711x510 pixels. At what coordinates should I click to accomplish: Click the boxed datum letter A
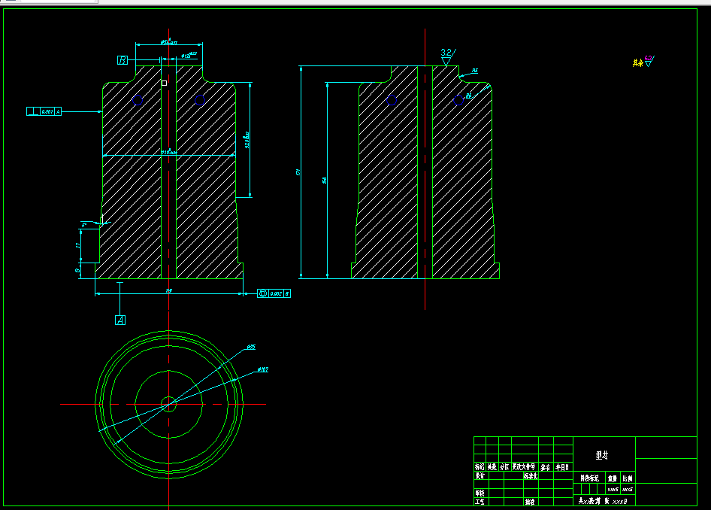[120, 320]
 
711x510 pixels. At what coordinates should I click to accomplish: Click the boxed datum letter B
[123, 59]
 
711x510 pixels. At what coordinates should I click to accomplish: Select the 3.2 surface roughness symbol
[446, 55]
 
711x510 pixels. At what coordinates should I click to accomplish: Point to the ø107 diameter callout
[263, 369]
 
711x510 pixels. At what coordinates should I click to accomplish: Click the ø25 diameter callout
[251, 348]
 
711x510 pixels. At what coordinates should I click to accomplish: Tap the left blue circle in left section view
[137, 99]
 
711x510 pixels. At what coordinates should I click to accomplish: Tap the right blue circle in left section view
[200, 99]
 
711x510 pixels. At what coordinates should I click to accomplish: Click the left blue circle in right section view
[391, 99]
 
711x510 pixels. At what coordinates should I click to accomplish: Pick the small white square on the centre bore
[164, 82]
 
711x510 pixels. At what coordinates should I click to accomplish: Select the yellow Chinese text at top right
[638, 62]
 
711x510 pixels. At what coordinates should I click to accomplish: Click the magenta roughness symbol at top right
[649, 59]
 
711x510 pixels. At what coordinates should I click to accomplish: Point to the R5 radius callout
[474, 71]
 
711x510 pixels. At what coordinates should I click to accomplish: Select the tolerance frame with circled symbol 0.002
[274, 293]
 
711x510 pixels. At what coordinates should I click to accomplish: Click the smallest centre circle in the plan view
[169, 404]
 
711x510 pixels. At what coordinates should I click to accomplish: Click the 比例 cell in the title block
[627, 478]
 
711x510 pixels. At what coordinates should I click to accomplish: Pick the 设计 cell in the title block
[480, 476]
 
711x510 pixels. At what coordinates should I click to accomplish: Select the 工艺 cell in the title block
[480, 500]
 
